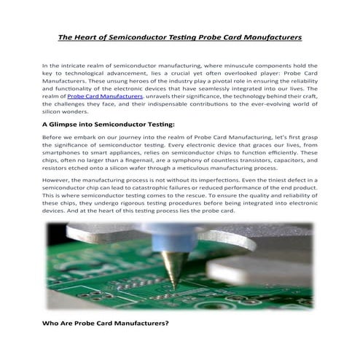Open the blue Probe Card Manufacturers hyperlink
point(104,95)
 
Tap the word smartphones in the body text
point(67,154)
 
